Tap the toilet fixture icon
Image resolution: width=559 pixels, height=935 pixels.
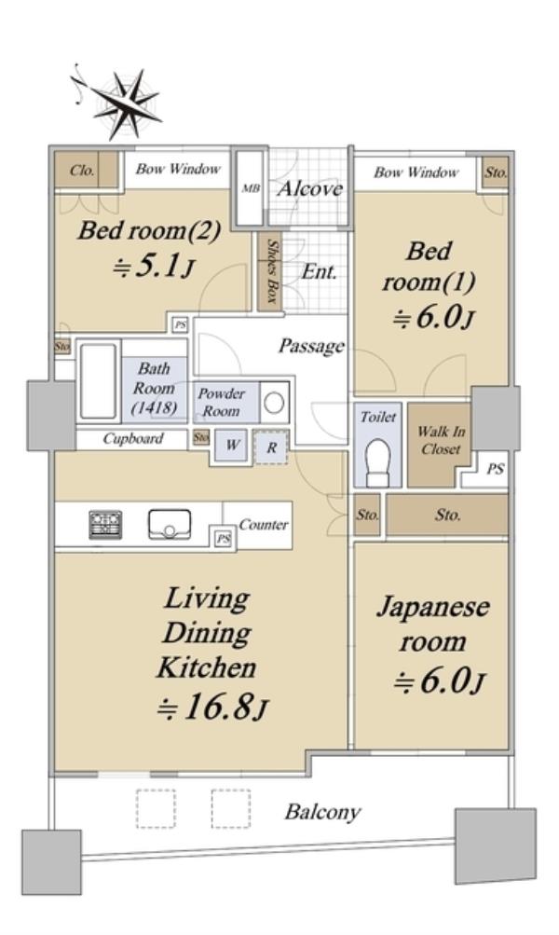pyautogui.click(x=377, y=463)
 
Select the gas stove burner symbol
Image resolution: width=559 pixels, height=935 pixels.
pyautogui.click(x=105, y=526)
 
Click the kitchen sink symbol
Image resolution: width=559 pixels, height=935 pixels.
pyautogui.click(x=170, y=525)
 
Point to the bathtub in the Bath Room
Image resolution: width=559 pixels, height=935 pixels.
pyautogui.click(x=99, y=381)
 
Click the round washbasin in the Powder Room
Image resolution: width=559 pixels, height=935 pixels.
pyautogui.click(x=274, y=403)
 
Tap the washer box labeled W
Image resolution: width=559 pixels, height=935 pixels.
pyautogui.click(x=231, y=445)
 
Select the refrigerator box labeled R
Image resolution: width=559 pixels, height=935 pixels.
pyautogui.click(x=271, y=447)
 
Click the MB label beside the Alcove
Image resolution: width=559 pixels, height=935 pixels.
pyautogui.click(x=251, y=188)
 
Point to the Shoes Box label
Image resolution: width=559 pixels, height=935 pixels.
pyautogui.click(x=272, y=271)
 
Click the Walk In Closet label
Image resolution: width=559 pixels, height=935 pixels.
pyautogui.click(x=441, y=440)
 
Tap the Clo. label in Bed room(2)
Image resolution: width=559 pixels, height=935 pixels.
pyautogui.click(x=82, y=171)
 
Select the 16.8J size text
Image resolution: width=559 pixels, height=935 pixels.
pyautogui.click(x=212, y=708)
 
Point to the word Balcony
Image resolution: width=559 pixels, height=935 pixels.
pyautogui.click(x=322, y=812)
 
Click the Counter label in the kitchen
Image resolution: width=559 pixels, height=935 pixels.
pyautogui.click(x=263, y=525)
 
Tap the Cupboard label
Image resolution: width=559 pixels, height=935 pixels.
pyautogui.click(x=132, y=439)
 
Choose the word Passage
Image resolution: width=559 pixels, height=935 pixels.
pyautogui.click(x=311, y=347)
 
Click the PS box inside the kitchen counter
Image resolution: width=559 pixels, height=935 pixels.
pyautogui.click(x=223, y=539)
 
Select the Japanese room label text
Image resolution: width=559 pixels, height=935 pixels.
pyautogui.click(x=432, y=624)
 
